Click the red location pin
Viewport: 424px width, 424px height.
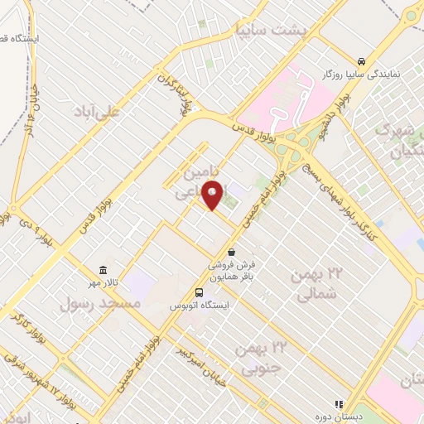(213, 195)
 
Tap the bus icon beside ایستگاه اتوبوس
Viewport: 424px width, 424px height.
(199, 292)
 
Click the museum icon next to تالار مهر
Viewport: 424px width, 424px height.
(103, 271)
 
